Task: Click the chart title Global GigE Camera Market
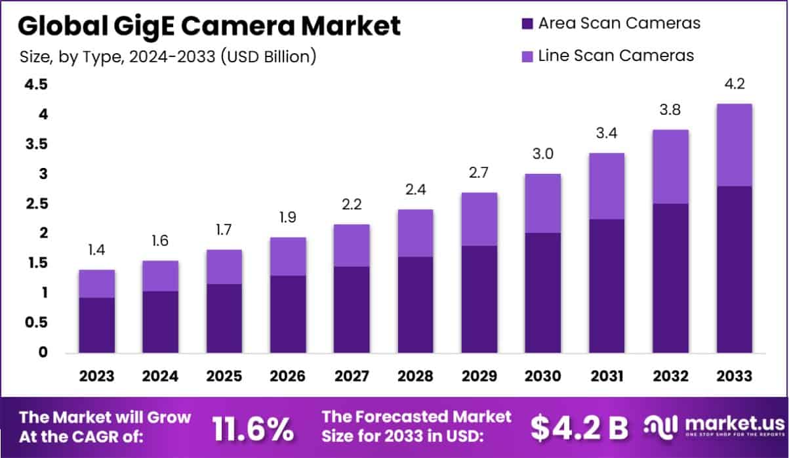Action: (x=209, y=27)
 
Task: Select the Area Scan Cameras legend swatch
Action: (x=526, y=24)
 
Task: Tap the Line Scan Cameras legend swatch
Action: (x=526, y=55)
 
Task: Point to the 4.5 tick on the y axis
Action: (x=36, y=85)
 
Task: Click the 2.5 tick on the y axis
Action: (x=36, y=204)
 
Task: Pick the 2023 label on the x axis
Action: (x=96, y=376)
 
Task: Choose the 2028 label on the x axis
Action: (x=415, y=376)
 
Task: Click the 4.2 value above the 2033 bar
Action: (x=733, y=85)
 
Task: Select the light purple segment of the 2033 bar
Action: (x=733, y=145)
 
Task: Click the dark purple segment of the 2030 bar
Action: (x=542, y=293)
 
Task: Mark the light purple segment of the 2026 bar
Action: (x=287, y=257)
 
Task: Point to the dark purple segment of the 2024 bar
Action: (x=160, y=322)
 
